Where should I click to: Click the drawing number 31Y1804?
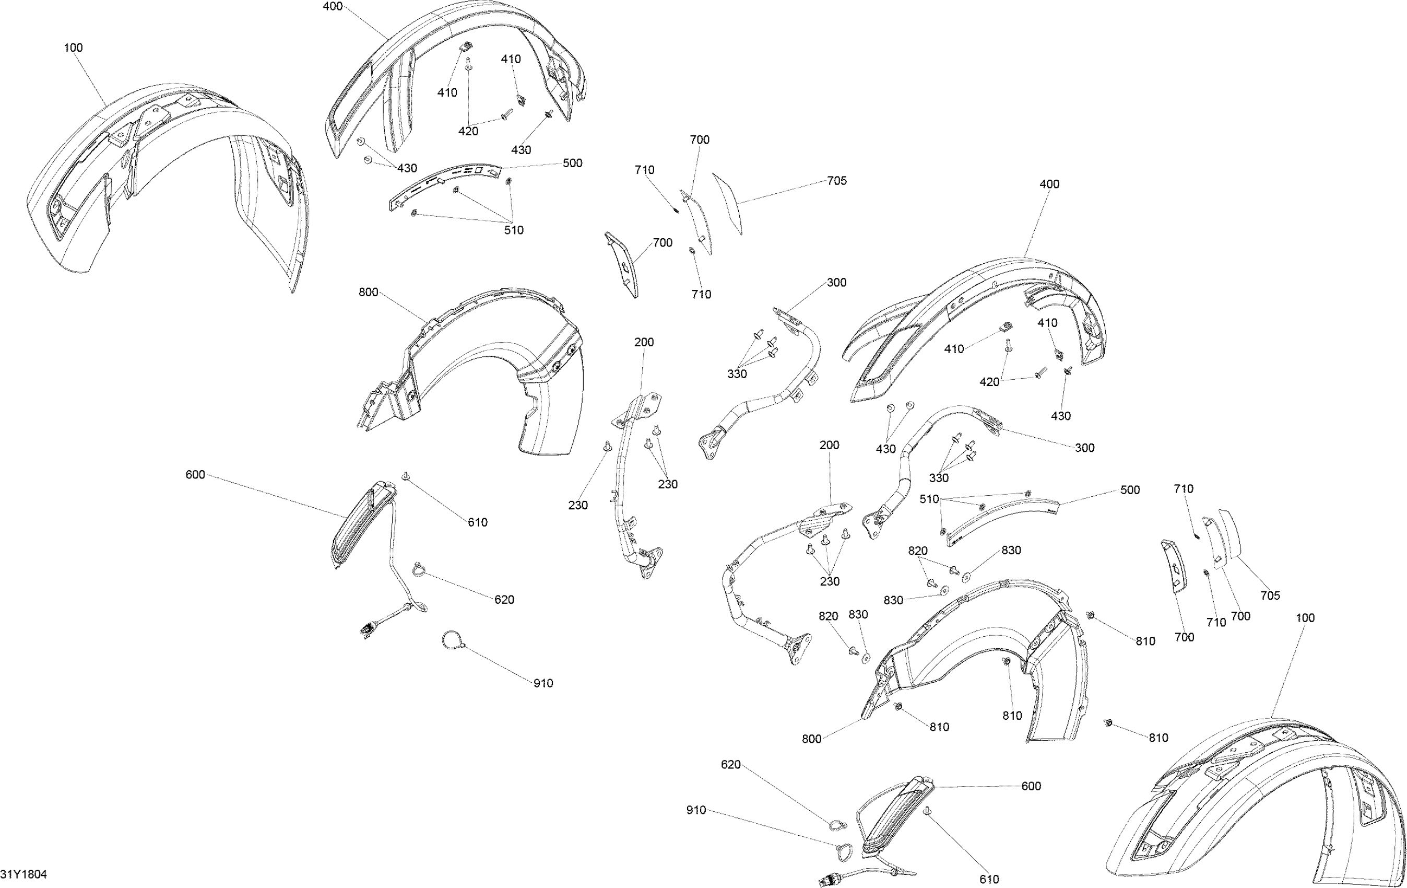[23, 874]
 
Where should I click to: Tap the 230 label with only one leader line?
[577, 505]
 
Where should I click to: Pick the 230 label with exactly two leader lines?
[667, 484]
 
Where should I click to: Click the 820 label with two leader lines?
[917, 550]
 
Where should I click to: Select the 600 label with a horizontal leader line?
[1031, 786]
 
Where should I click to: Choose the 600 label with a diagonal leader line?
[195, 475]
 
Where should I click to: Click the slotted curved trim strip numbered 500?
[444, 184]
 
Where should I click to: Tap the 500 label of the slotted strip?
[572, 163]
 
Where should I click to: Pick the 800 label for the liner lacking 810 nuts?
[368, 293]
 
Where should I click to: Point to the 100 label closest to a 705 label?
[1305, 617]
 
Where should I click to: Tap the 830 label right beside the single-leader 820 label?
[858, 614]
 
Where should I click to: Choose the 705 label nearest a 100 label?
[1270, 595]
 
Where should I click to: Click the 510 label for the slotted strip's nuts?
[514, 230]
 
